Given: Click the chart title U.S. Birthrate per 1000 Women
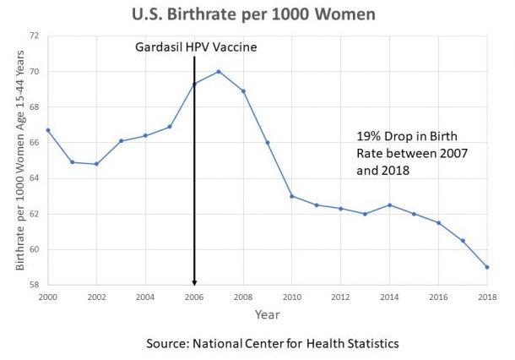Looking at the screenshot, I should click(253, 14).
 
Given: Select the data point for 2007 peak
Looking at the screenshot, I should click(219, 71).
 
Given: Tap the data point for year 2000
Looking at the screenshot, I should click(47, 130).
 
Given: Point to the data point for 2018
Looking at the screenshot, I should click(487, 267).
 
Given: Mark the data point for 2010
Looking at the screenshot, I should click(291, 196).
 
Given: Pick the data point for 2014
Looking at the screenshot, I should click(389, 205).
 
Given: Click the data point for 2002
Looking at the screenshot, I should click(96, 164).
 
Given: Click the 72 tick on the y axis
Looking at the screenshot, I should click(34, 36).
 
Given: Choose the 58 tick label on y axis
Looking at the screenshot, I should click(34, 286).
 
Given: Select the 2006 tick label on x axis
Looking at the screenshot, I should click(194, 297).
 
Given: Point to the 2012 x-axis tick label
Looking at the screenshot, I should click(340, 297).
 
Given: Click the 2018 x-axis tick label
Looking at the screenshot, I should click(487, 297).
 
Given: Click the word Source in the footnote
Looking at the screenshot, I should click(167, 344).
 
